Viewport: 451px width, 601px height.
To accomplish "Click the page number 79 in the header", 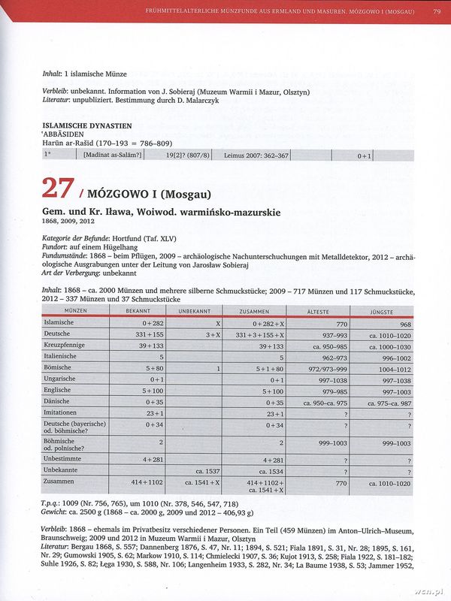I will click(437, 11).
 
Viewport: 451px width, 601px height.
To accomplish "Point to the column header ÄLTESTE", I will click(317, 310).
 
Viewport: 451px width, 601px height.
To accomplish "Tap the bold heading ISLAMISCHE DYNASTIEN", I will click(87, 125).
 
